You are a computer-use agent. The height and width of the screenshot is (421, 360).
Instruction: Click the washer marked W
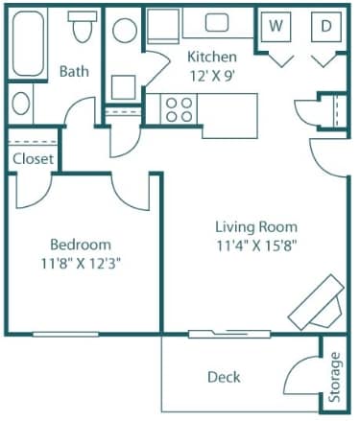tap(276, 26)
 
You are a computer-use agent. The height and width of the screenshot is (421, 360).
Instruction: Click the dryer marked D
tap(326, 26)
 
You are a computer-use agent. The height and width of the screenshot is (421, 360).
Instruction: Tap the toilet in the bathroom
tap(83, 27)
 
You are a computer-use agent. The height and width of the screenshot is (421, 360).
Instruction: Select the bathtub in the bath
tap(28, 43)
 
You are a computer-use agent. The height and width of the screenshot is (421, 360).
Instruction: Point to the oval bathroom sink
tap(21, 104)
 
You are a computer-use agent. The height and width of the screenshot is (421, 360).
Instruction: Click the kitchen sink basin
tap(217, 23)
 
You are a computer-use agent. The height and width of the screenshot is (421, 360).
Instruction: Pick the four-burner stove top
tap(179, 109)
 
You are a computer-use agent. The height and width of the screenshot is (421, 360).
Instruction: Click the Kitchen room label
tap(212, 57)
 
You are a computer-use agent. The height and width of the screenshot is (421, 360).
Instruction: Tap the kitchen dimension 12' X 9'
tap(213, 76)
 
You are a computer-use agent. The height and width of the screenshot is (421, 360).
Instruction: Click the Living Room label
tap(256, 227)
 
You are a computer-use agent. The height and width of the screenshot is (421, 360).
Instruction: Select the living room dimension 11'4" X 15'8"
tap(256, 246)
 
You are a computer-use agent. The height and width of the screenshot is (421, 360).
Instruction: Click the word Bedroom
tap(81, 245)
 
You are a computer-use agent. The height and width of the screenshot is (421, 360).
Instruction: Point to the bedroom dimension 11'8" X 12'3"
tap(81, 264)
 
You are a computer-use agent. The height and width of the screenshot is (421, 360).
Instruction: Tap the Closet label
tap(33, 158)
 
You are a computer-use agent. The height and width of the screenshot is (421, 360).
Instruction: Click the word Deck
tap(224, 377)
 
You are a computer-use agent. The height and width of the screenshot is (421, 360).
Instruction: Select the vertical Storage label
tap(335, 377)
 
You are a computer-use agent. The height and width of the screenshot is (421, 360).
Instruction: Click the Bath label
tap(74, 71)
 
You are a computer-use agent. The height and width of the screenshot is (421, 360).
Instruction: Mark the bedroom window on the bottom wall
tap(65, 335)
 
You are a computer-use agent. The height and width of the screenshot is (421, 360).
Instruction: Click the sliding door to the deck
tap(229, 334)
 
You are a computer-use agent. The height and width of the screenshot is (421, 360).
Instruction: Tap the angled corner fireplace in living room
tap(317, 302)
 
